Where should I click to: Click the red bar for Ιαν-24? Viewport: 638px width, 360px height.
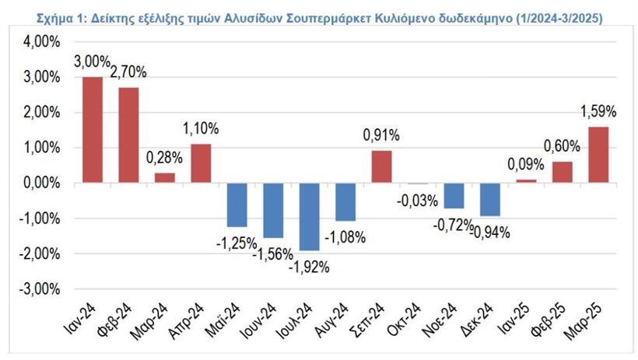click(x=92, y=130)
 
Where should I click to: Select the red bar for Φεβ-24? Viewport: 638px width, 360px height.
click(x=128, y=135)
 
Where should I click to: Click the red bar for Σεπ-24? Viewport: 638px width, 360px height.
click(x=380, y=166)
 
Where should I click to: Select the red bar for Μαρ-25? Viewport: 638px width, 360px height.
click(x=598, y=155)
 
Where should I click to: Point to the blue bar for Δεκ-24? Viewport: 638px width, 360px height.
click(x=489, y=199)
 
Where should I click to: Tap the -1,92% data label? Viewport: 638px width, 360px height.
click(x=310, y=268)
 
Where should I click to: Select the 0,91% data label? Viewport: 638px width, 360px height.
click(x=380, y=135)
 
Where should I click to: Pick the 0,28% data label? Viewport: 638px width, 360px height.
click(x=164, y=157)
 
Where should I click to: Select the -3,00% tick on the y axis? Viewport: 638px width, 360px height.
click(x=37, y=289)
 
